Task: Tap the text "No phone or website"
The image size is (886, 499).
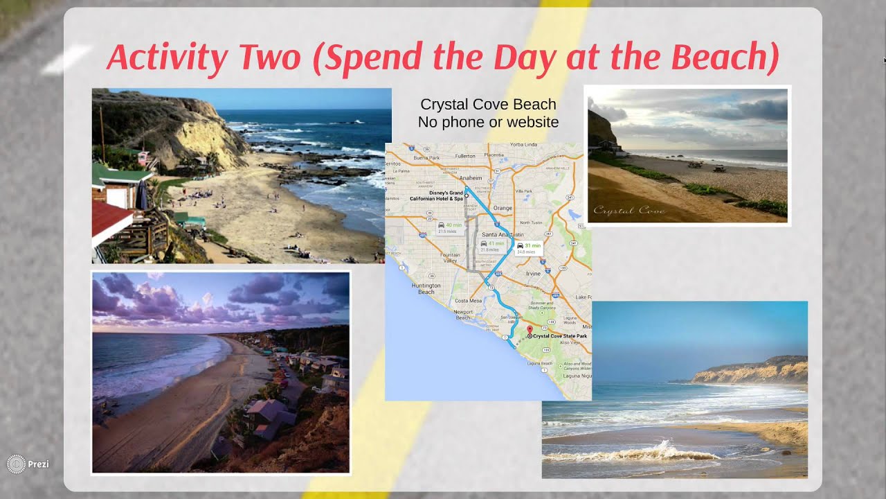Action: (488, 122)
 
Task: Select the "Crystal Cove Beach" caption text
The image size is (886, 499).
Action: (488, 105)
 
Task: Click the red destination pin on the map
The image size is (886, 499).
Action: (530, 331)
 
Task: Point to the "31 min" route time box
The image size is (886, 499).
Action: (530, 247)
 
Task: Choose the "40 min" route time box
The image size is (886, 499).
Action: (450, 227)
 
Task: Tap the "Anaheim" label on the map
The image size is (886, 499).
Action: (471, 178)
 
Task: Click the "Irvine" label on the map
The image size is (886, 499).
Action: (534, 274)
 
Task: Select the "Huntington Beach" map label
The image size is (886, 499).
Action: (426, 288)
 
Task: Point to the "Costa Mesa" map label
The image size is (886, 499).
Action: (469, 300)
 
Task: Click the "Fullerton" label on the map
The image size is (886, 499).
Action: (464, 156)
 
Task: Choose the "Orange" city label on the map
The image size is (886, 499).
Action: (503, 208)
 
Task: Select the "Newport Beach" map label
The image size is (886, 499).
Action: (463, 315)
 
